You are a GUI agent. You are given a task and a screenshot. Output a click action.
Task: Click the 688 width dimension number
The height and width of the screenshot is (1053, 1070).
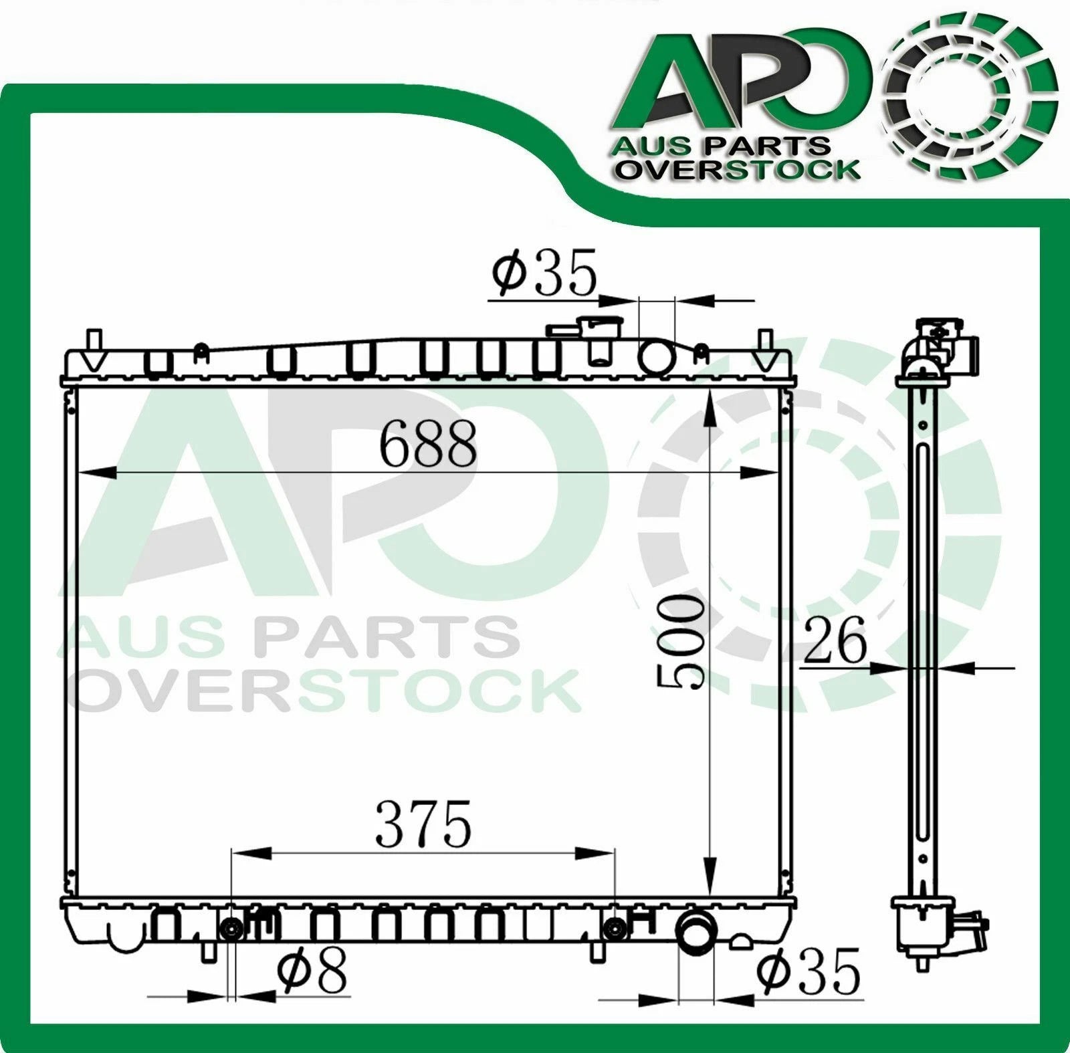click(428, 443)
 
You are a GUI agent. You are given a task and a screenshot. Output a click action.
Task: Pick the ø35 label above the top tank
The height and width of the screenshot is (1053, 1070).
click(543, 273)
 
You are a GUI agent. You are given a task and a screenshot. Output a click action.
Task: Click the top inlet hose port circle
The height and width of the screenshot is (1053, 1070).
click(657, 356)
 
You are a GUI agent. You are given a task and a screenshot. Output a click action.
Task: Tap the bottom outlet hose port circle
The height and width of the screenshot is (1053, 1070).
click(696, 931)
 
